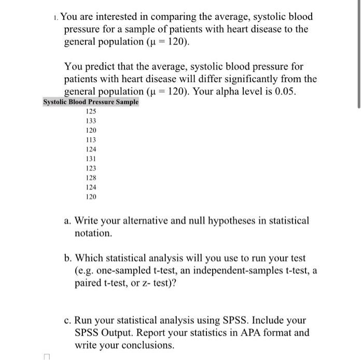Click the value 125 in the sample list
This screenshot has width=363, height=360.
(91, 111)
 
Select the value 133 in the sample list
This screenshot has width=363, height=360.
(91, 120)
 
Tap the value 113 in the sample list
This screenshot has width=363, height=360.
(91, 140)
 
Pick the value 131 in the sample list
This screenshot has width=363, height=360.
(91, 159)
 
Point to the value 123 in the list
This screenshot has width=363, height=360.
(91, 168)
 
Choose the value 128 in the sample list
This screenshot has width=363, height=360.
(91, 178)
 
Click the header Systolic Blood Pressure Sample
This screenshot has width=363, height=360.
(91, 102)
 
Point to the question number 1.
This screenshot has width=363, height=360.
(55, 17)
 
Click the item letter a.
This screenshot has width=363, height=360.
(67, 221)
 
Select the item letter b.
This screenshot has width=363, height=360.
(68, 258)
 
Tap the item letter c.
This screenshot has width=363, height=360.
(67, 321)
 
